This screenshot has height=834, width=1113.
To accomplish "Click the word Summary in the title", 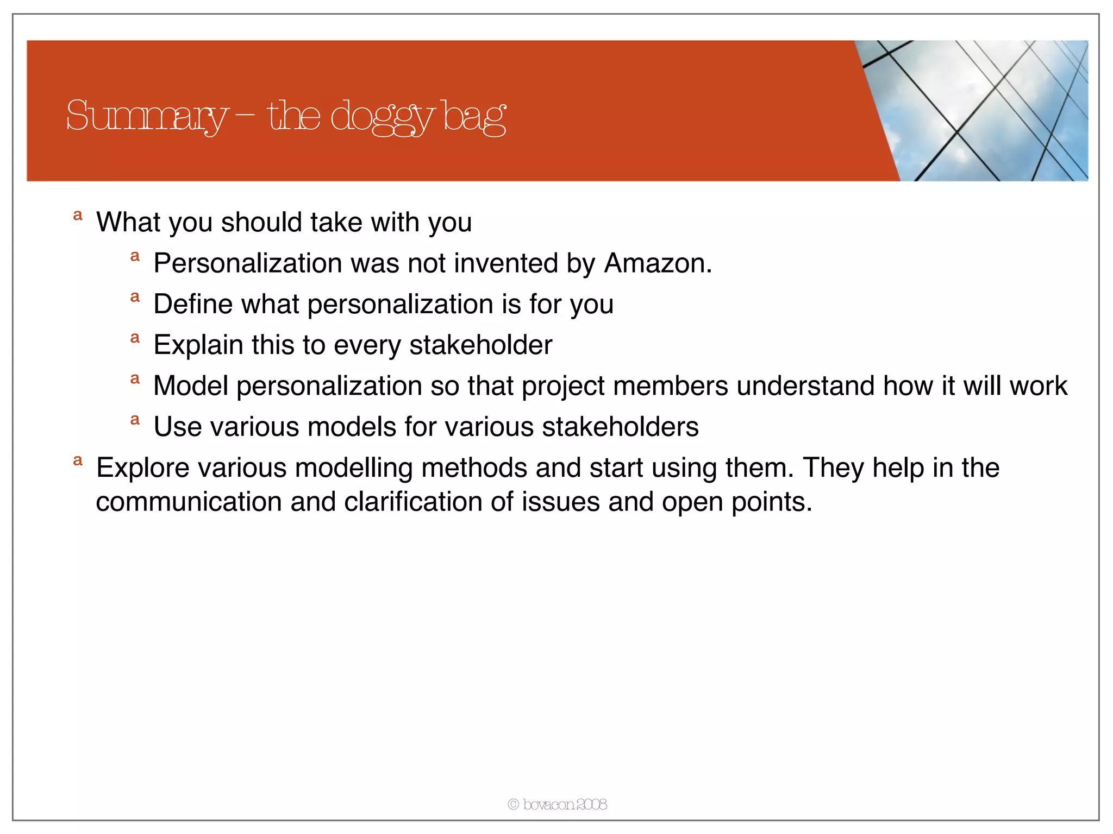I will tap(146, 116).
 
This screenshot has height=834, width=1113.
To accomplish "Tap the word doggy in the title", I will tap(382, 116).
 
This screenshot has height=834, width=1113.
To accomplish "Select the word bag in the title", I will tap(474, 116).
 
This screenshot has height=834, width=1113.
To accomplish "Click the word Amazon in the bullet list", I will tap(657, 263).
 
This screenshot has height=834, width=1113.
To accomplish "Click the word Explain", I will tap(198, 345).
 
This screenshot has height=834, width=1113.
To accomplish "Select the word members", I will tap(671, 386).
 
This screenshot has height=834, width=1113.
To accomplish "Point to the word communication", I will tap(189, 502).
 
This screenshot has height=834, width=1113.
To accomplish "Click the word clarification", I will tap(413, 502).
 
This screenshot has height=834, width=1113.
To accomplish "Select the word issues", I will tap(561, 502).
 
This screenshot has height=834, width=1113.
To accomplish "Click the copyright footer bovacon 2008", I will tap(557, 804).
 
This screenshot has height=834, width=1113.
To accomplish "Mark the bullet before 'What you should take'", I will tap(78, 216).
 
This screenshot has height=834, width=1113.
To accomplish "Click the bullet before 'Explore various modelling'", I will tap(78, 461).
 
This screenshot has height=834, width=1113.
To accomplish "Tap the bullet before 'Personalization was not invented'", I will tap(135, 256).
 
